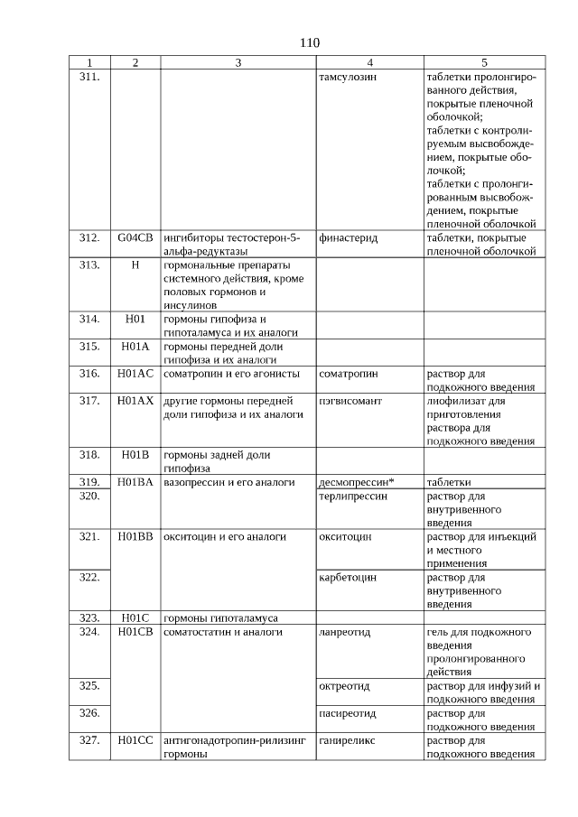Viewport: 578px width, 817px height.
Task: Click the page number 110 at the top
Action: pyautogui.click(x=309, y=42)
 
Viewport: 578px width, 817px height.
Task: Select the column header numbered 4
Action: pyautogui.click(x=369, y=63)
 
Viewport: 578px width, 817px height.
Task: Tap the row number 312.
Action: pyautogui.click(x=89, y=238)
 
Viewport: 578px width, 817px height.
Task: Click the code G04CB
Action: pyautogui.click(x=135, y=238)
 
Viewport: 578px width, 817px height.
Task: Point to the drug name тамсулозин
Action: pyautogui.click(x=348, y=77)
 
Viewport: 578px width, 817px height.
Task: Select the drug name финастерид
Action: pyautogui.click(x=348, y=238)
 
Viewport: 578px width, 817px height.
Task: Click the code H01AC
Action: pyautogui.click(x=135, y=373)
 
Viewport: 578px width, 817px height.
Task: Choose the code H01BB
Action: pyautogui.click(x=135, y=536)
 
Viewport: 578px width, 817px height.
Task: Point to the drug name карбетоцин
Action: pyautogui.click(x=348, y=577)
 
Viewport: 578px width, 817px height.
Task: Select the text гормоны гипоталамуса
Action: pyautogui.click(x=220, y=617)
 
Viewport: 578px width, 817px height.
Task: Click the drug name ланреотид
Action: pyautogui.click(x=345, y=631)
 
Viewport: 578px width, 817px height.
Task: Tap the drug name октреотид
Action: pyautogui.click(x=344, y=685)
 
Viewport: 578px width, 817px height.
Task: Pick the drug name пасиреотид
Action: pyautogui.click(x=348, y=712)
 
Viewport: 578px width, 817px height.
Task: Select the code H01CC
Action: pyautogui.click(x=135, y=740)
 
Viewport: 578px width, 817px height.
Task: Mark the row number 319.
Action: pyautogui.click(x=89, y=482)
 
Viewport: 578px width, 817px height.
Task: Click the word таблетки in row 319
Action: pyautogui.click(x=449, y=482)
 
